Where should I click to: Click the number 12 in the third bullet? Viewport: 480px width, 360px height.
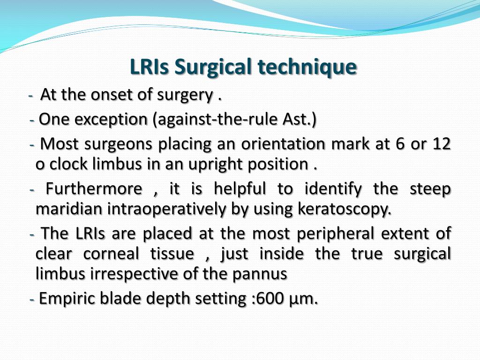pos(442,144)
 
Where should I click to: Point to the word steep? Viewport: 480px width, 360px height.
pos(430,189)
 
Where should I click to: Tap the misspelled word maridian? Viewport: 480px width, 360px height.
pos(69,210)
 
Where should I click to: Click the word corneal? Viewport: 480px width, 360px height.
pos(111,254)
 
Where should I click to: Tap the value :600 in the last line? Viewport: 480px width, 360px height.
pos(266,299)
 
